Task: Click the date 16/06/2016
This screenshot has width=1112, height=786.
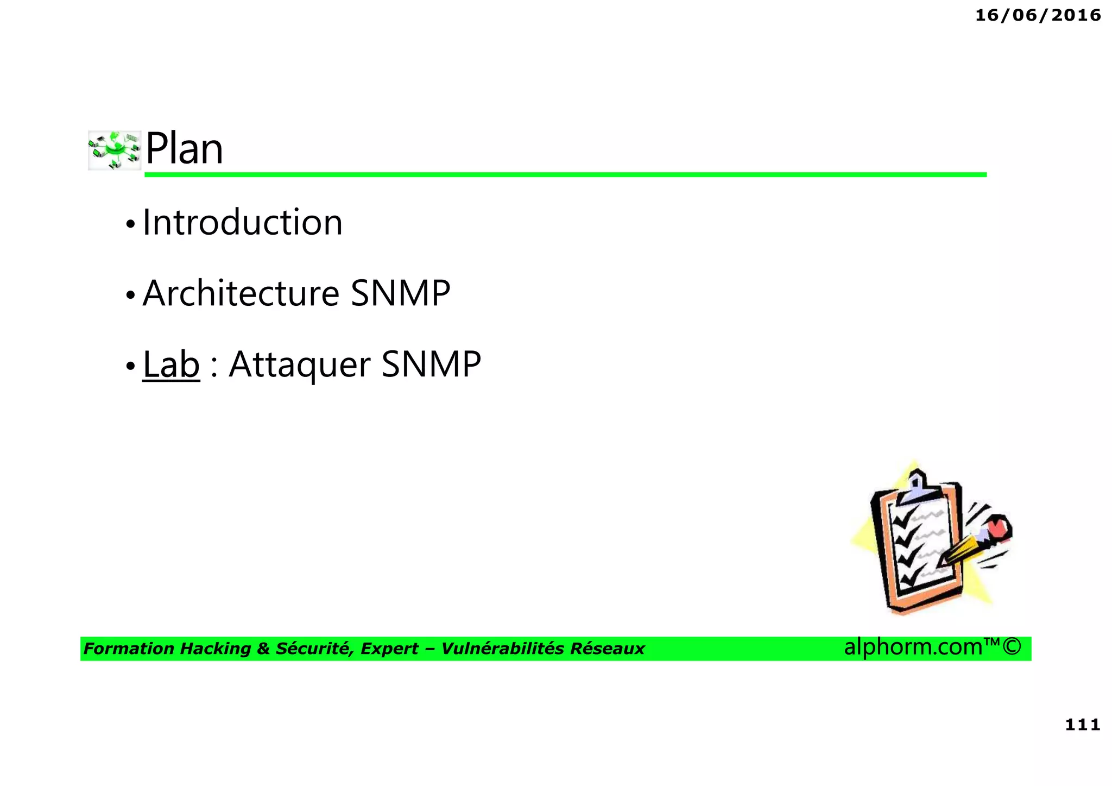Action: click(1038, 15)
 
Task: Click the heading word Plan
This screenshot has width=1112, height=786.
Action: click(184, 149)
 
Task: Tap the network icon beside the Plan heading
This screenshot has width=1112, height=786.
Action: click(114, 150)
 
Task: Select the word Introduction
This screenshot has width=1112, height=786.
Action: click(242, 223)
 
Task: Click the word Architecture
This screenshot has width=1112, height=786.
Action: click(241, 293)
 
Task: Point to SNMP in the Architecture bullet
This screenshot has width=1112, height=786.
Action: click(400, 293)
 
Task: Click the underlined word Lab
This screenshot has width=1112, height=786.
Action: click(171, 364)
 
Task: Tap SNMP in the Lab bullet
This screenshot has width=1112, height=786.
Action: click(431, 364)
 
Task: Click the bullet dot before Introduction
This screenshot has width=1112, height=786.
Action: click(130, 224)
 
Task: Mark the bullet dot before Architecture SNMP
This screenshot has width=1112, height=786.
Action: click(130, 295)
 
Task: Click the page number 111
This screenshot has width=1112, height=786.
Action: click(1082, 725)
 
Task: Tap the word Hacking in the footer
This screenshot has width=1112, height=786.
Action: click(215, 649)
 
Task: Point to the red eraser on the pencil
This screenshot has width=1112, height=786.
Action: click(998, 528)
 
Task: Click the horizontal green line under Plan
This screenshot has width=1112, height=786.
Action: click(565, 174)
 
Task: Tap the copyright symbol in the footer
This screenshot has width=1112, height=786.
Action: click(1012, 647)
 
